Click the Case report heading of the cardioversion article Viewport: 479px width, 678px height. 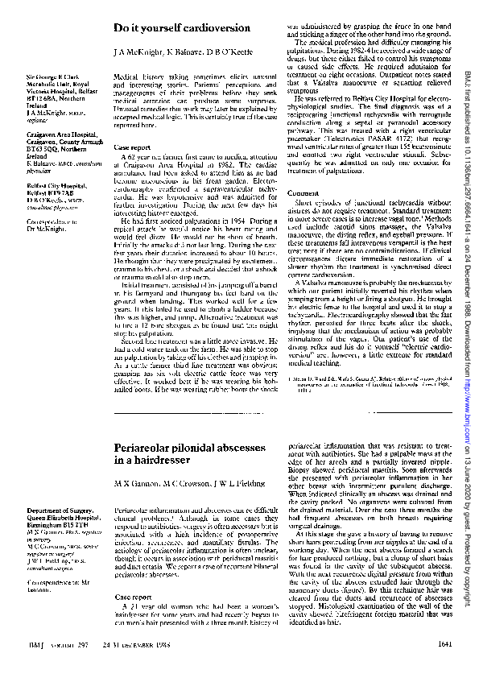coord(132,148)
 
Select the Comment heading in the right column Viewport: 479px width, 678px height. coord(302,194)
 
